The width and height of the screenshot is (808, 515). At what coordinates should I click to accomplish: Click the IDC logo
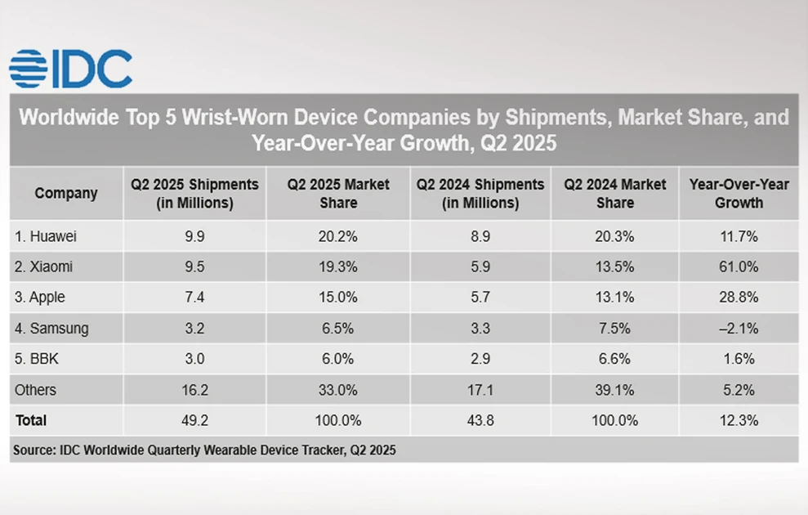[x=70, y=69]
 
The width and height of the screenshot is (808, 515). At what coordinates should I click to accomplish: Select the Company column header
[x=66, y=194]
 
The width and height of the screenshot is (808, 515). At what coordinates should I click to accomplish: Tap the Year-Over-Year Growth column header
[x=739, y=194]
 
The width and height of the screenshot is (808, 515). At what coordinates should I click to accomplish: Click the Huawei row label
[x=46, y=237]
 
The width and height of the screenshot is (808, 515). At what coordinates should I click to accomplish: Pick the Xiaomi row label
[x=43, y=267]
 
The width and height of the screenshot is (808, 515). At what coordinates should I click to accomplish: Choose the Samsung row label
[x=51, y=329]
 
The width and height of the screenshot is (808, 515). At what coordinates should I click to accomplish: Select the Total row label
[x=31, y=420]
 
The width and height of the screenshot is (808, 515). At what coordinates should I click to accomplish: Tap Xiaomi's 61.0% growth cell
[x=739, y=267]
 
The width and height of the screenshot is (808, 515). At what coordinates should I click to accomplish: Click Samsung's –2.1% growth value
[x=739, y=329]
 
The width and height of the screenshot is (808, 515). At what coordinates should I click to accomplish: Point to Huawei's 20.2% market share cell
[x=338, y=237]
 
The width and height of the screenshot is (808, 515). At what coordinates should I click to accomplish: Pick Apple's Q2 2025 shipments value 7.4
[x=194, y=298]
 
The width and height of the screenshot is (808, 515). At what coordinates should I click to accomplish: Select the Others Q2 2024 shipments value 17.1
[x=480, y=390]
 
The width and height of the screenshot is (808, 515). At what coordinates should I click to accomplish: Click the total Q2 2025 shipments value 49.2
[x=194, y=420]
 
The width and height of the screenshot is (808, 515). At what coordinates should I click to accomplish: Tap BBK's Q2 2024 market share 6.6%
[x=614, y=359]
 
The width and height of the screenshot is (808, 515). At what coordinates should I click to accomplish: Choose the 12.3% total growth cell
[x=739, y=420]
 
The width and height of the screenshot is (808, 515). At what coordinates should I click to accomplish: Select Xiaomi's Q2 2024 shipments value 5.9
[x=480, y=267]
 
